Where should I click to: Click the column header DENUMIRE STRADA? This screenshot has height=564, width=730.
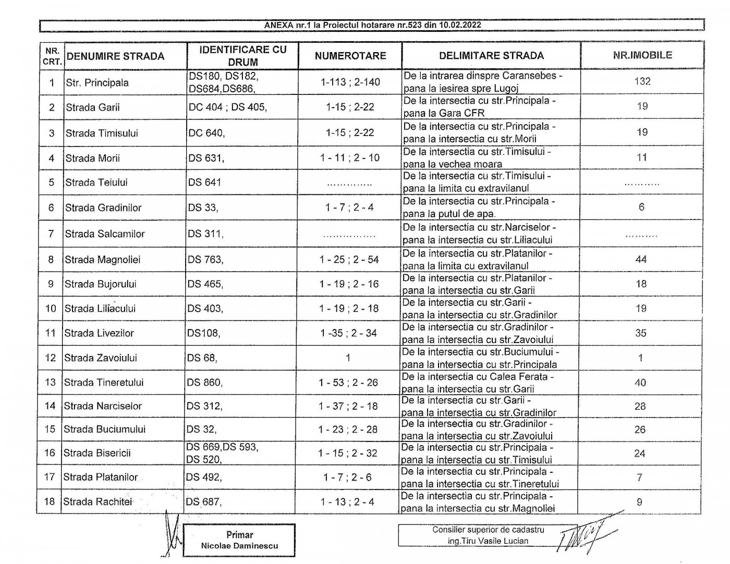115,56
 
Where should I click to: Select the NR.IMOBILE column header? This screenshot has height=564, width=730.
642,55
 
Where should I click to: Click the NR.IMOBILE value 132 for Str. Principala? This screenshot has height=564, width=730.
642,81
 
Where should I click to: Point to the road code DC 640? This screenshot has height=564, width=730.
206,133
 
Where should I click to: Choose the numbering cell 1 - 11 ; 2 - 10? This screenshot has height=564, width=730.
350,158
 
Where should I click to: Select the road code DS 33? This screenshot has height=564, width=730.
203,207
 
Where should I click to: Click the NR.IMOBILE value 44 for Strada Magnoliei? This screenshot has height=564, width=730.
641,259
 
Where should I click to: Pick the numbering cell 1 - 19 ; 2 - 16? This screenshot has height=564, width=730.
349,284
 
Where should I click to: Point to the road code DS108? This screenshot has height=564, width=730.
203,333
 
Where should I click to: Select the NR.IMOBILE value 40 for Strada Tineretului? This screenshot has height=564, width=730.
640,383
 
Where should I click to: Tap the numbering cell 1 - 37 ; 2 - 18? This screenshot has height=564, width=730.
348,406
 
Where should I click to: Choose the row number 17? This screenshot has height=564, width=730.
50,477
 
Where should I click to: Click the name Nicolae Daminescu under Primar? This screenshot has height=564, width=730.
239,546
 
